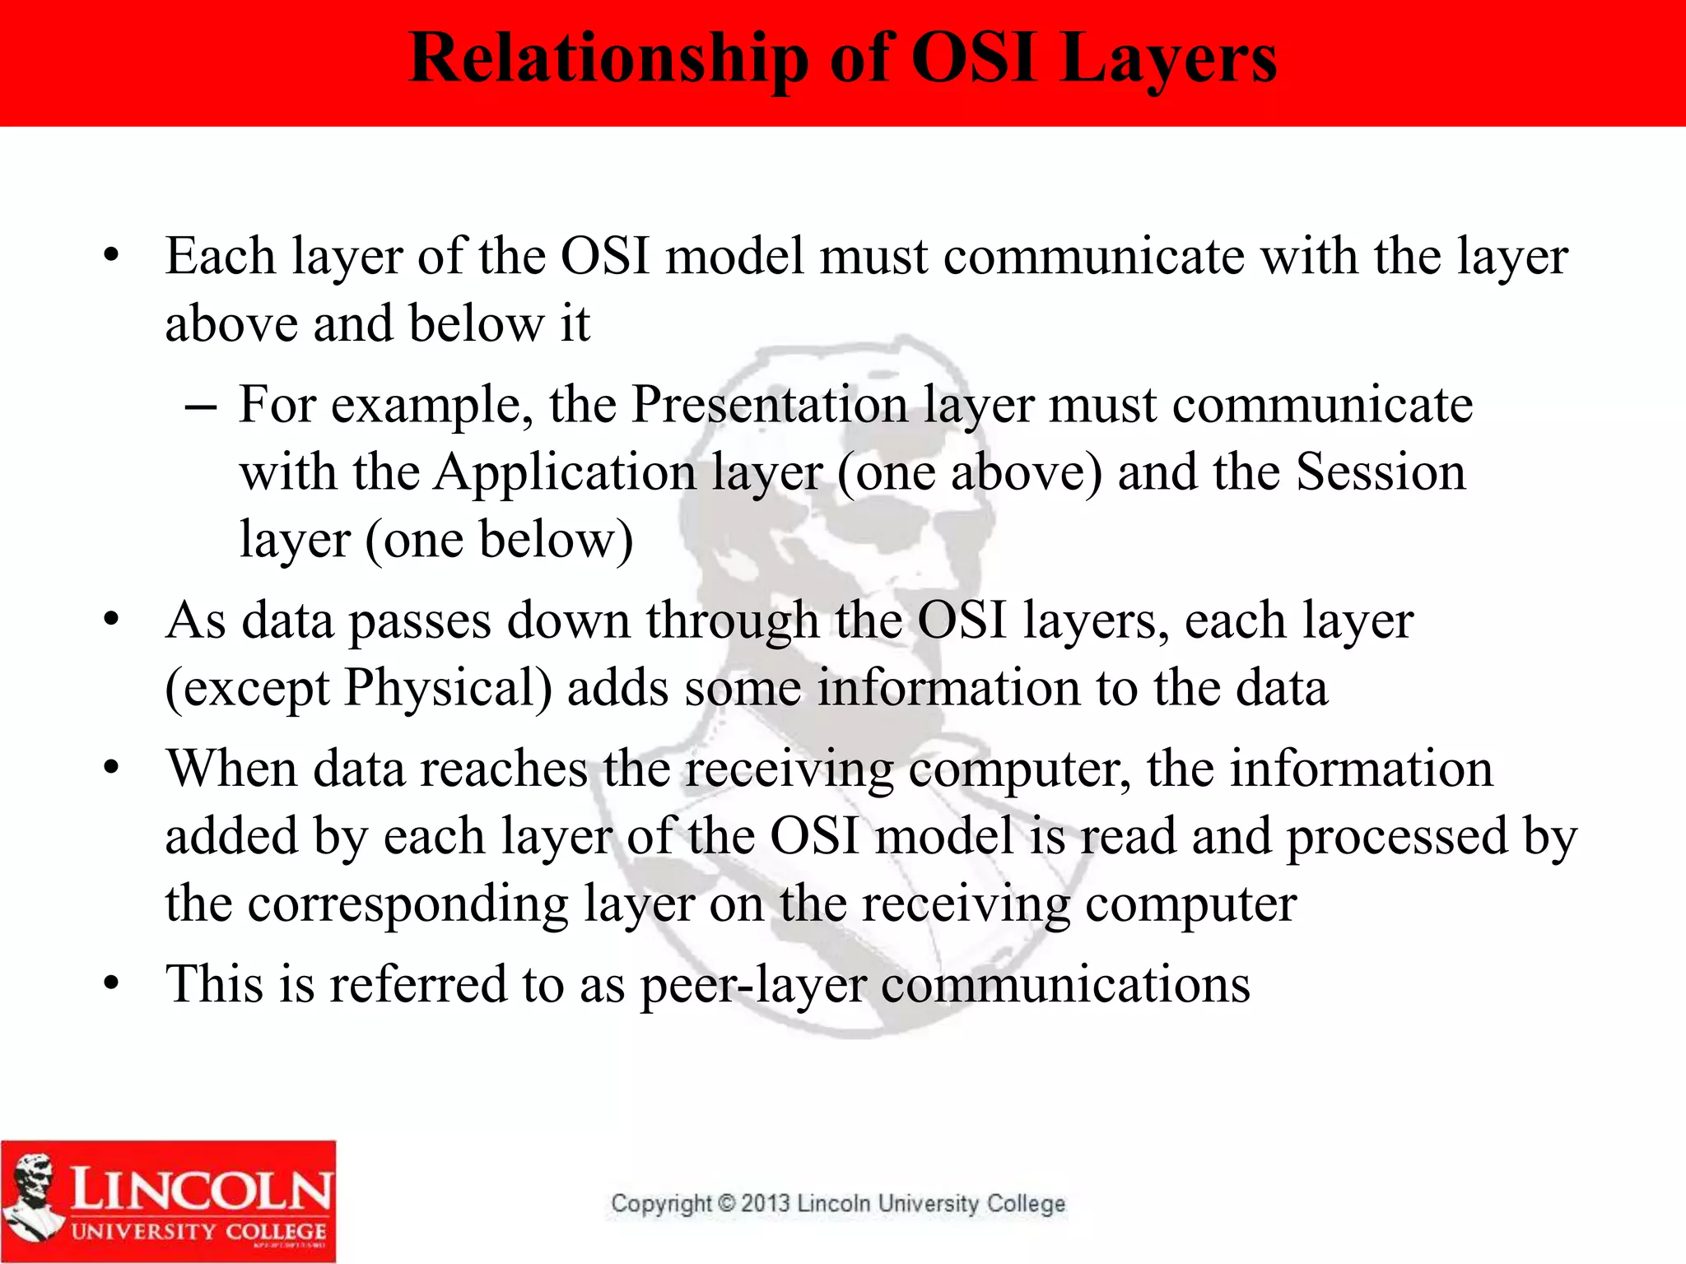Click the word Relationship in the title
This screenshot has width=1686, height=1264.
click(x=608, y=59)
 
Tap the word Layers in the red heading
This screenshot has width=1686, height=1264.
click(x=1169, y=59)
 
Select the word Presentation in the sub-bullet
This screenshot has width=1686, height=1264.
click(x=769, y=405)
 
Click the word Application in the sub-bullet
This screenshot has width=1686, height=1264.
click(x=566, y=472)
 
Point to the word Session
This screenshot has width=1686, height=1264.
click(x=1381, y=472)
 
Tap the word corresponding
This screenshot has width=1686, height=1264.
click(x=408, y=904)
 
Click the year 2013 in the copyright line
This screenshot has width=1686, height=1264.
click(x=765, y=1203)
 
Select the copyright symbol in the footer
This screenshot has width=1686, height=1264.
click(x=726, y=1203)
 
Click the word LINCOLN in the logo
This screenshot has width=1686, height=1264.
click(x=202, y=1188)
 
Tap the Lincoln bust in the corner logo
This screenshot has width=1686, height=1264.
click(x=33, y=1197)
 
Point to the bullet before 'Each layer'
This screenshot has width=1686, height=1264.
click(x=112, y=256)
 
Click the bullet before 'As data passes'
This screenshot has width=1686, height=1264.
click(x=112, y=620)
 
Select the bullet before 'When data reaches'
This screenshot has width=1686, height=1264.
click(x=112, y=769)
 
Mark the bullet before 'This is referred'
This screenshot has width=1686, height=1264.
click(x=112, y=984)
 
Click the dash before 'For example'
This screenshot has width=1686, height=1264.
click(x=200, y=407)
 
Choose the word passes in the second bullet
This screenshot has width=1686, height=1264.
click(x=420, y=620)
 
